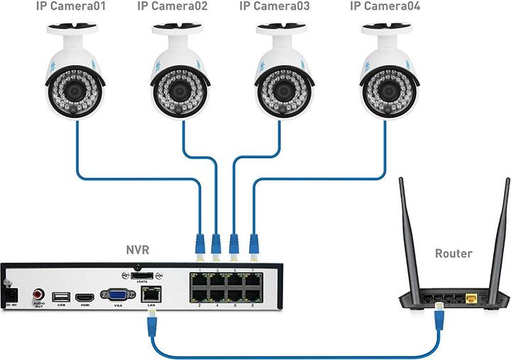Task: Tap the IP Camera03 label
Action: click(275, 8)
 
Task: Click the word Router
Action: click(454, 253)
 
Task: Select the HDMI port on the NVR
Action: click(84, 295)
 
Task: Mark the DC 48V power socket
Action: click(10, 292)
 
